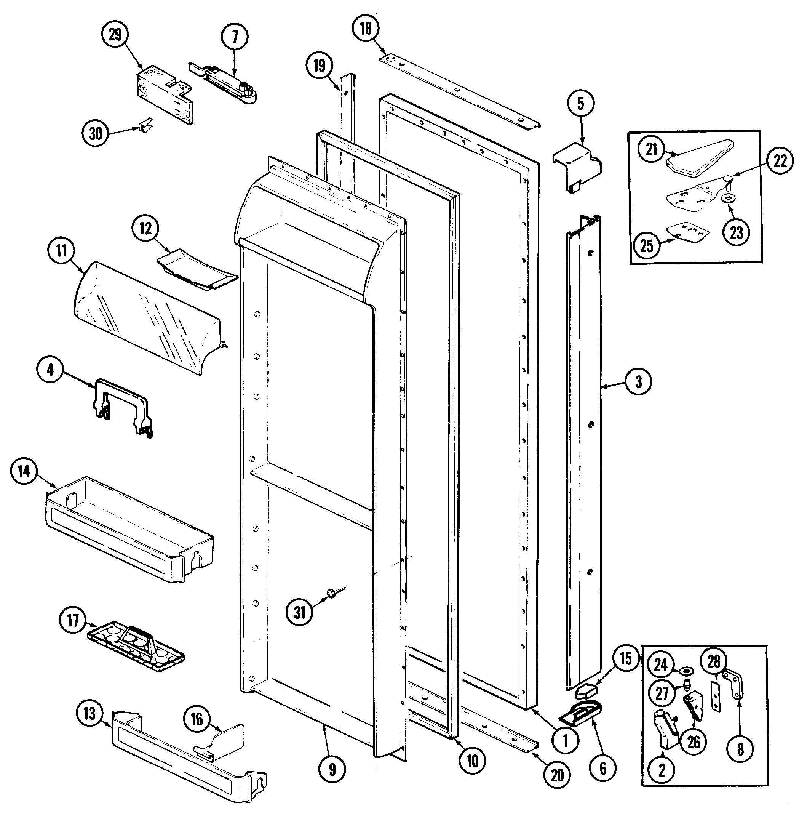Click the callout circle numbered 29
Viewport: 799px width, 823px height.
point(115,34)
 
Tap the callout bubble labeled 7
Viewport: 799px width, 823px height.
point(235,37)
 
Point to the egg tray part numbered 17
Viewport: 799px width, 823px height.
point(136,647)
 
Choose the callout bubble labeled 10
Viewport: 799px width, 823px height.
point(473,761)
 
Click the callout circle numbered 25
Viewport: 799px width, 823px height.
point(647,246)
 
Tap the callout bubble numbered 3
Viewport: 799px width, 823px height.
point(638,382)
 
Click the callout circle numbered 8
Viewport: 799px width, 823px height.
point(740,749)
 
